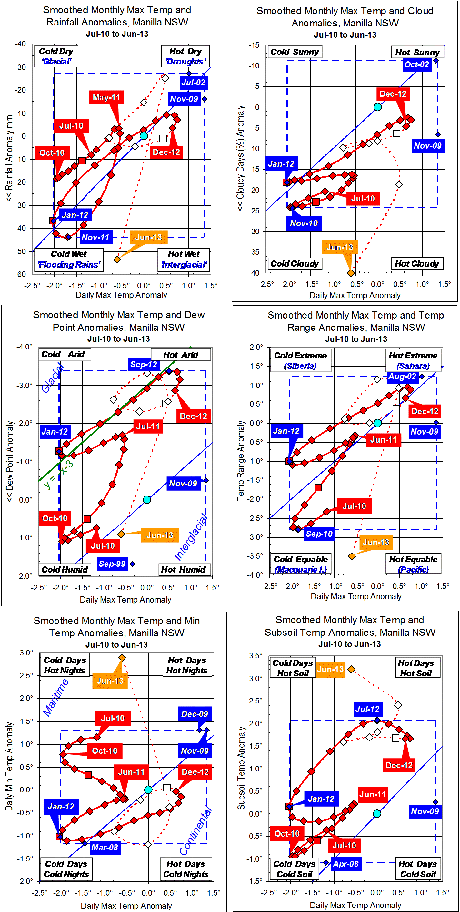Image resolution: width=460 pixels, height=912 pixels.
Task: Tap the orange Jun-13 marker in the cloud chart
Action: pyautogui.click(x=351, y=273)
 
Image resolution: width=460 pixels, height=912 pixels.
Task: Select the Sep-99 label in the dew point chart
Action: pyautogui.click(x=112, y=564)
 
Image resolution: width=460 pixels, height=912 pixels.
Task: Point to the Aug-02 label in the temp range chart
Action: pyautogui.click(x=402, y=376)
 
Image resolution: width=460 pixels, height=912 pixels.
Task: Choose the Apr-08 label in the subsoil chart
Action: pyautogui.click(x=345, y=864)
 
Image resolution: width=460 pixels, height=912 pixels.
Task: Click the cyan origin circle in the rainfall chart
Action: pyautogui.click(x=144, y=136)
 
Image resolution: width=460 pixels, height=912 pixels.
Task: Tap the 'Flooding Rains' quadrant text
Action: pyautogui.click(x=69, y=265)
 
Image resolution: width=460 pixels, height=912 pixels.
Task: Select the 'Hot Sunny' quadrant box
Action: pyautogui.click(x=417, y=53)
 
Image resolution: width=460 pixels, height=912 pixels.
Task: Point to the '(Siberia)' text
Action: pyautogui.click(x=300, y=366)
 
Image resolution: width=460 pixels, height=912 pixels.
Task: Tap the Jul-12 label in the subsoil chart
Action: pyautogui.click(x=367, y=709)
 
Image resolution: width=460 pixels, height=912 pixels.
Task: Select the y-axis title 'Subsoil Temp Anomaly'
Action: pyautogui.click(x=241, y=768)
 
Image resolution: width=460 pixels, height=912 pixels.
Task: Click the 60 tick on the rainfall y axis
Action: pyautogui.click(x=22, y=274)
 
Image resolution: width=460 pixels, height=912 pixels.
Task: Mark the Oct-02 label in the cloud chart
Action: pyautogui.click(x=417, y=64)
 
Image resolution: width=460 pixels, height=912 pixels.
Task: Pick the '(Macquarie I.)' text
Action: pyautogui.click(x=301, y=569)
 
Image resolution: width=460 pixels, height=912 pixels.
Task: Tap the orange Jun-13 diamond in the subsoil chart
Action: pyautogui.click(x=351, y=670)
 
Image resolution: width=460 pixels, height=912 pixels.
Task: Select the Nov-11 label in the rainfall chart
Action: pyautogui.click(x=95, y=237)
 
